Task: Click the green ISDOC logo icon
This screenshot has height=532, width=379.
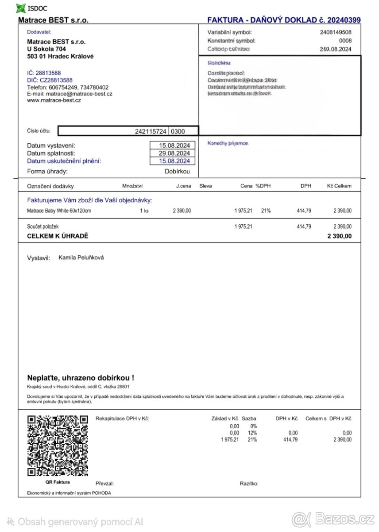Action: pyautogui.click(x=21, y=8)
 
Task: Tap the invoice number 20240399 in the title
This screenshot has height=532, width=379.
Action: pyautogui.click(x=344, y=20)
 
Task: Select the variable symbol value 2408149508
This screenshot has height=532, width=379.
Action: pyautogui.click(x=336, y=32)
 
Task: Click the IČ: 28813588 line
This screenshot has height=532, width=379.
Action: pyautogui.click(x=44, y=73)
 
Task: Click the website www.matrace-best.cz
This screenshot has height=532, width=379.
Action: pyautogui.click(x=54, y=101)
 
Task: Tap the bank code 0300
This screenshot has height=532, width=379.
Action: pyautogui.click(x=178, y=131)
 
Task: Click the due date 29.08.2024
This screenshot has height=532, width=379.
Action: pyautogui.click(x=174, y=153)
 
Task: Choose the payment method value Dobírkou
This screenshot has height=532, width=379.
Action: pyautogui.click(x=177, y=172)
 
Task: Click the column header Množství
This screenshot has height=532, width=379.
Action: pyautogui.click(x=132, y=186)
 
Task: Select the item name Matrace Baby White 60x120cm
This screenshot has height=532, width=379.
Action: pyautogui.click(x=59, y=211)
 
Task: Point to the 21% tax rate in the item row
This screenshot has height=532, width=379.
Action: pyautogui.click(x=266, y=211)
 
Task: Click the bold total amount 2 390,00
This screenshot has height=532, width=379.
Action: pyautogui.click(x=339, y=236)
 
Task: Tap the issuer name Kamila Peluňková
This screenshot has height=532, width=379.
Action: pyautogui.click(x=81, y=258)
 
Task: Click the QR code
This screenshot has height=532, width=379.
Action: pyautogui.click(x=58, y=446)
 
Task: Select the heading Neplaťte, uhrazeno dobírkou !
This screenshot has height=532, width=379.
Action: pyautogui.click(x=80, y=378)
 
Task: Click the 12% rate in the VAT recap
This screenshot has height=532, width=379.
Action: pyautogui.click(x=252, y=433)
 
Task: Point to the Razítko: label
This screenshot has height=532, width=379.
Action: pyautogui.click(x=249, y=484)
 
